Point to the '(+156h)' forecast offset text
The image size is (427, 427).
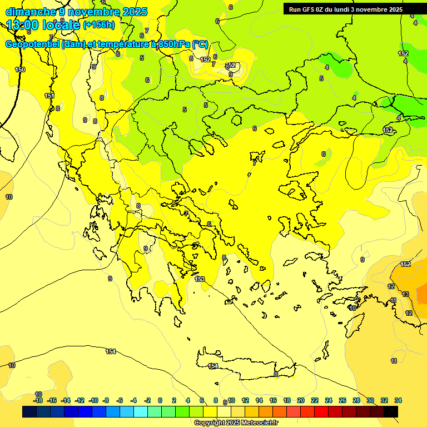point(99,25)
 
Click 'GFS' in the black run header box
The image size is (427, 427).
point(311,9)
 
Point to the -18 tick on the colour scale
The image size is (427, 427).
point(38,400)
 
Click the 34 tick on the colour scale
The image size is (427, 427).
point(398,400)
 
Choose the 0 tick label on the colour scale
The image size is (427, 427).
point(160,400)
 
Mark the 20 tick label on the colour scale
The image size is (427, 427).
point(301,400)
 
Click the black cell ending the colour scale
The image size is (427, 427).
point(391,411)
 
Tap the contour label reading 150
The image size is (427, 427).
point(20,69)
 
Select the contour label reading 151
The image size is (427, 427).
point(49,96)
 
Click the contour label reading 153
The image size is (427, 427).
point(200,279)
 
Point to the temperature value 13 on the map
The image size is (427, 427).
point(405,294)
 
